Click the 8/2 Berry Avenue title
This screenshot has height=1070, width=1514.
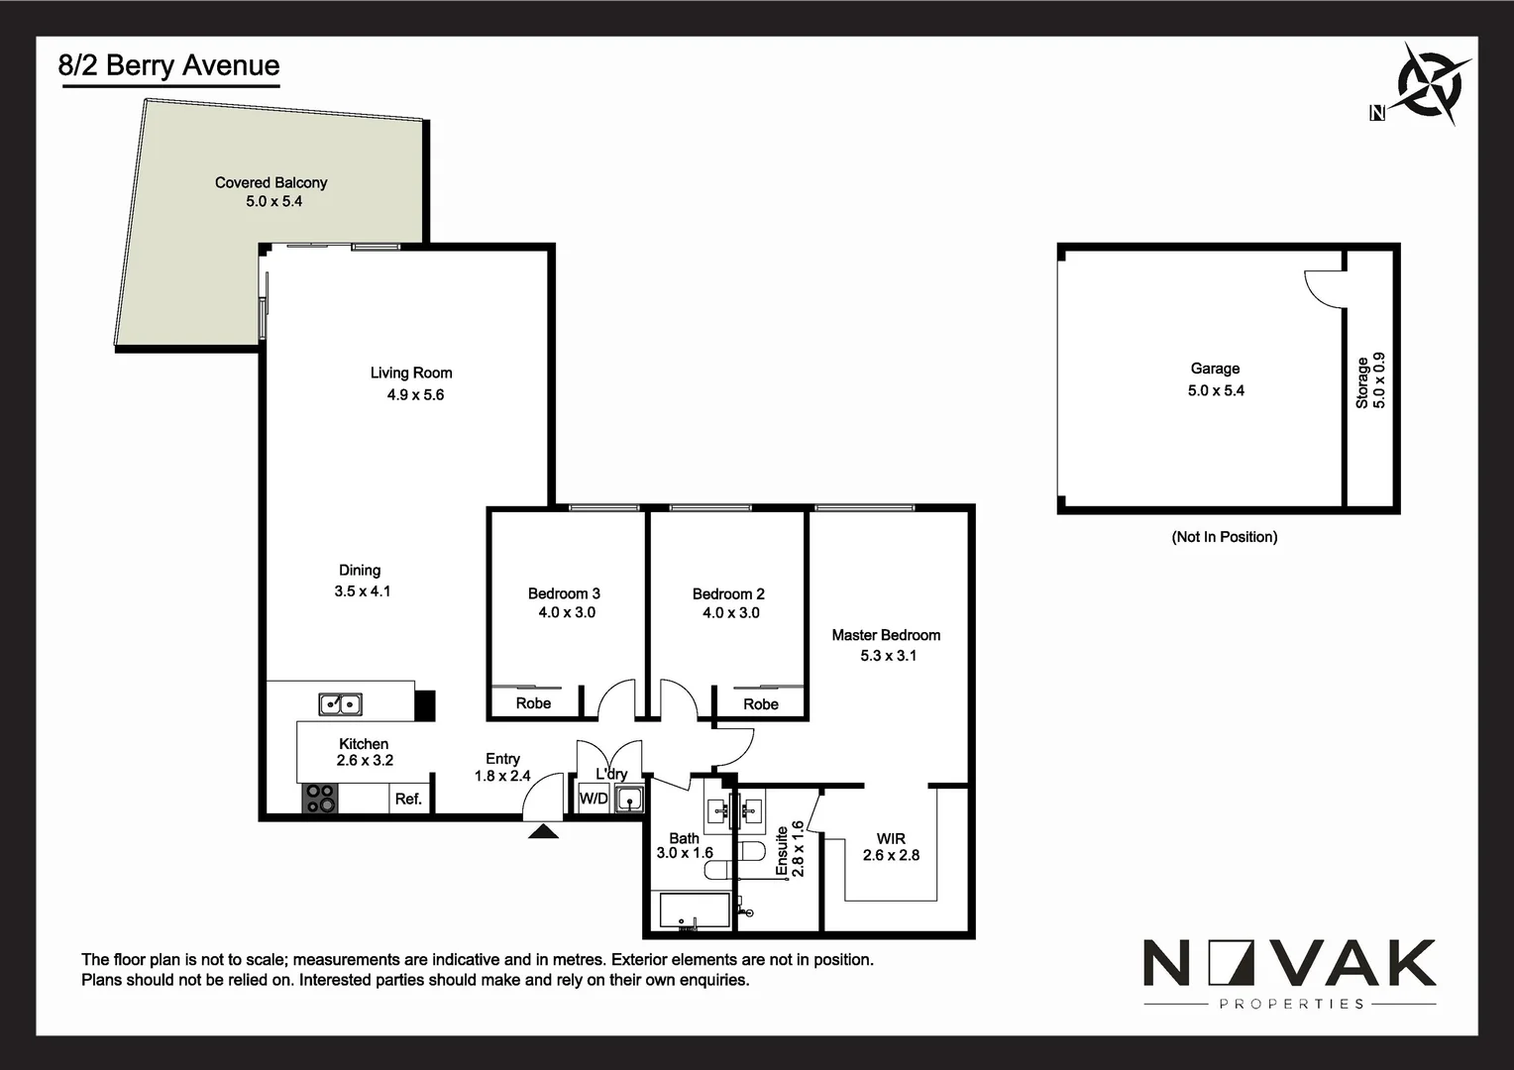coord(169,65)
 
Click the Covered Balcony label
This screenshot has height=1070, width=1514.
coord(270,182)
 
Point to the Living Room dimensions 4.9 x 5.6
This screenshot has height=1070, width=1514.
coord(415,394)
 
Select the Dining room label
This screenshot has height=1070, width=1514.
coord(360,570)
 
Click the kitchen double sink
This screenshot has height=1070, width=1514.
coord(340,704)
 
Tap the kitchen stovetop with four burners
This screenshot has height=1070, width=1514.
coord(320,799)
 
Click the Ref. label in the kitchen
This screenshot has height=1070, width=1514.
coord(408,799)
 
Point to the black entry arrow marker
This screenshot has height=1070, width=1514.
coord(543,831)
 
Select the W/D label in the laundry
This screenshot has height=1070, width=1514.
coord(594,799)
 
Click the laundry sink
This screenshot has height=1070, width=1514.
coord(629,798)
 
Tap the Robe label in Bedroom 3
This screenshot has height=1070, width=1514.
coord(533,702)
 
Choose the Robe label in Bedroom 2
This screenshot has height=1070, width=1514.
coord(761,703)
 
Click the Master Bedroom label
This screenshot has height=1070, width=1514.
coord(886,635)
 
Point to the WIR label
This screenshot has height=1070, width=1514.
coord(891,838)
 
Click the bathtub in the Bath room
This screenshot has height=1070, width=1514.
coord(691,910)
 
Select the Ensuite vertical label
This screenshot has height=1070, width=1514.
coord(782,850)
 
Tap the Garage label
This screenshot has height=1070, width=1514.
coord(1215,369)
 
